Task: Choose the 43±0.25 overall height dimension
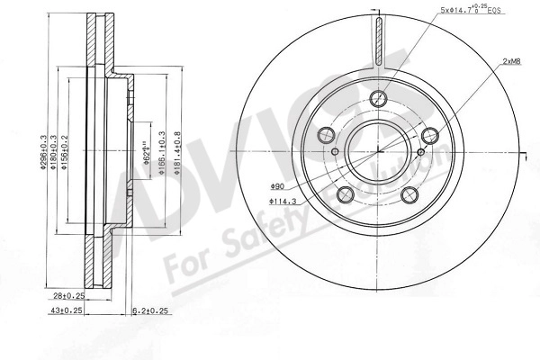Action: point(67,311)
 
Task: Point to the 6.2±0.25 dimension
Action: point(151,311)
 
